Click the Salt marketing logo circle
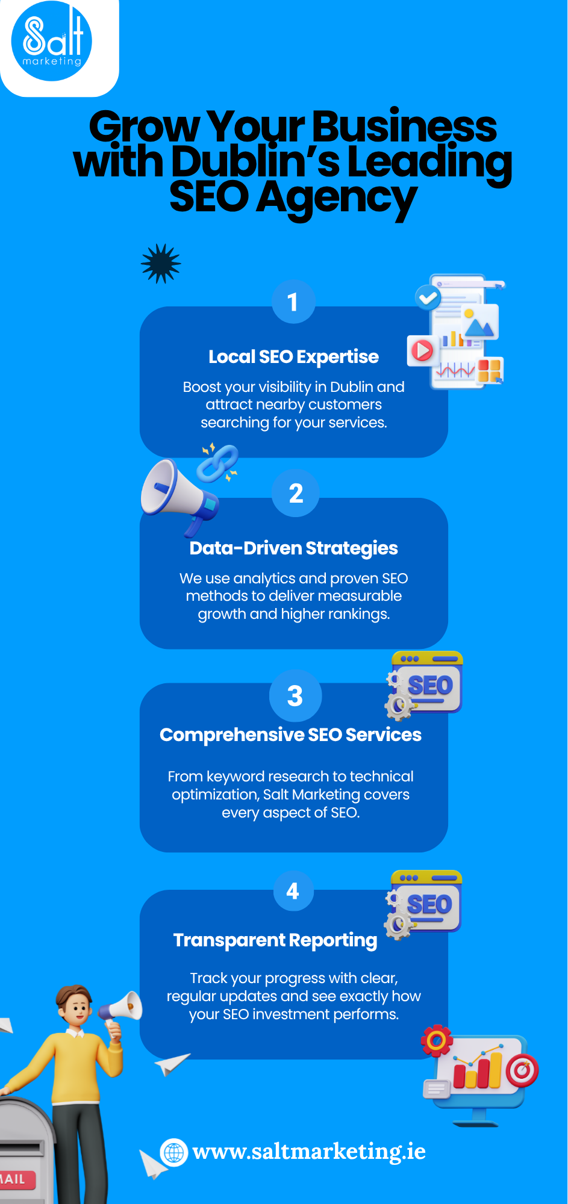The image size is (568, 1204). [x=52, y=41]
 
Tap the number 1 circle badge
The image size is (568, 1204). [x=293, y=302]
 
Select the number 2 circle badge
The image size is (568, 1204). [x=296, y=493]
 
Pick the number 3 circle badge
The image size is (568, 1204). [x=295, y=696]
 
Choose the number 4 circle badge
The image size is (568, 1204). [x=293, y=891]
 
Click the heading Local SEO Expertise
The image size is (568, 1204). [x=293, y=357]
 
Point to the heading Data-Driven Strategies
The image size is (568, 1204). [x=293, y=548]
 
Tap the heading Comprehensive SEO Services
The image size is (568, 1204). [x=290, y=735]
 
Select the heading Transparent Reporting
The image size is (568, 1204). [x=275, y=940]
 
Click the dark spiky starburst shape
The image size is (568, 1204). [x=161, y=264]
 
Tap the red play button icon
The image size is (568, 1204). [x=422, y=350]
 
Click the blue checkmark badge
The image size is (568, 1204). [x=428, y=297]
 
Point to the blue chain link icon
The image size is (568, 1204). [x=217, y=463]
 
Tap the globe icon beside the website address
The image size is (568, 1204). [x=174, y=1152]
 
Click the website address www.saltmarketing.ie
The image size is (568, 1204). [x=309, y=1152]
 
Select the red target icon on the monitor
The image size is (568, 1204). [x=522, y=1071]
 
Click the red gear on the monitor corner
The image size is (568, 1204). [x=437, y=1040]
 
